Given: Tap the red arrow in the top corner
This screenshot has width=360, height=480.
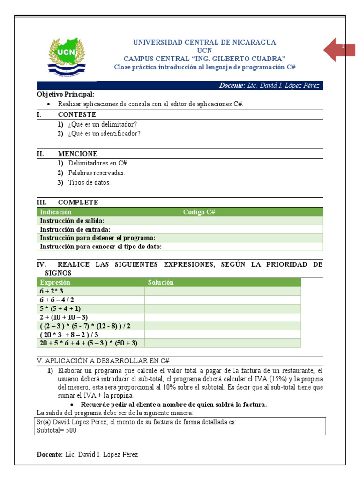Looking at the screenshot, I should point(339,49).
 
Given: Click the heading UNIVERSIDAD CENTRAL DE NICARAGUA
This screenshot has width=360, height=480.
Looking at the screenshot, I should point(204,42).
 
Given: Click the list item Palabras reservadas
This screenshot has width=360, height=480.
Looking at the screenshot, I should point(97,173).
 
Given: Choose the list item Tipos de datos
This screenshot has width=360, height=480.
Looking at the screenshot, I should point(89,183).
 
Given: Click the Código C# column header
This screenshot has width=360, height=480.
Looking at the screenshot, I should point(199,212).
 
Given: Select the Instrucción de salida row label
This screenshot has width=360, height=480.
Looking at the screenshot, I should point(72,221).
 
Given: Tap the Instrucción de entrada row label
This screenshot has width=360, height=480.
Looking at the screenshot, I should point(75,229).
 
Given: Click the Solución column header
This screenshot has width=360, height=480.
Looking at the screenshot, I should point(161,282).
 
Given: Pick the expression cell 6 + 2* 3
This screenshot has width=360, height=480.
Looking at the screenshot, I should point(52,291).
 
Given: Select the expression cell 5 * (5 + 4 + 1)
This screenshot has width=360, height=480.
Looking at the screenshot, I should point(60,308).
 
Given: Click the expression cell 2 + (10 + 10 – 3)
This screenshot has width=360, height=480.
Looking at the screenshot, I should point(64,317).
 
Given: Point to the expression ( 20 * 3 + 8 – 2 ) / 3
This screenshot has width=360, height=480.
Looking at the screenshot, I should point(69,334).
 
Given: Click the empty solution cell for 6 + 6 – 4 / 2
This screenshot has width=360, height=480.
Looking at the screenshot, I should point(222,300).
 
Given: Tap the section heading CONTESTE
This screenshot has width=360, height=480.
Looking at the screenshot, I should point(77,114).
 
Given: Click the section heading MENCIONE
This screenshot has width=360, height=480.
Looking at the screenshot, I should point(78,154).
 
